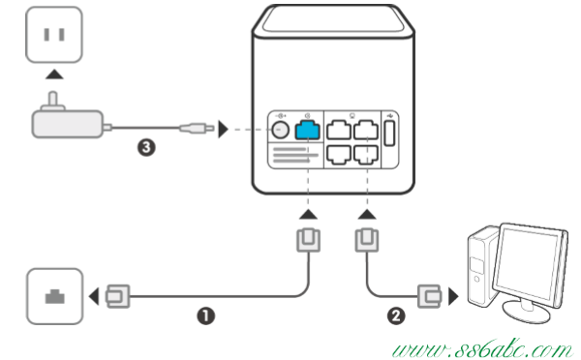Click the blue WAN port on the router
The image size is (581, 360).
coord(307,130)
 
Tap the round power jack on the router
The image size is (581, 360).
coord(280,130)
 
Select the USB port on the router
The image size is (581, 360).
coord(389,133)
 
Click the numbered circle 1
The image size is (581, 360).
coord(206,316)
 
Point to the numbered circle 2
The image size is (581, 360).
coord(396,315)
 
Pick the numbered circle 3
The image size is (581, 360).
coord(146,147)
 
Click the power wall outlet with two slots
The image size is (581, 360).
coord(54,35)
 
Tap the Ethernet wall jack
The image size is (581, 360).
coord(55,296)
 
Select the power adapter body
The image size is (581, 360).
coord(68,124)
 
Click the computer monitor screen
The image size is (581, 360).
coord(526,263)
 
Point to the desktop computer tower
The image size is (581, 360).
coord(482,266)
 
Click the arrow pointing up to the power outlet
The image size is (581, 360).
coord(54,75)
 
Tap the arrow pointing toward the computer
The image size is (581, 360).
coord(453,296)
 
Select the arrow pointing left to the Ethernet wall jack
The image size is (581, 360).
coord(94,296)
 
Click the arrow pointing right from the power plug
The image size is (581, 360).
coord(223,130)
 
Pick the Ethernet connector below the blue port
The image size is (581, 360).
coord(308,240)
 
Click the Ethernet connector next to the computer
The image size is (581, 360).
coord(429,296)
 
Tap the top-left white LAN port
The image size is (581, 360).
coord(339,130)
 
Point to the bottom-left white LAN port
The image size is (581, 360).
coord(339,155)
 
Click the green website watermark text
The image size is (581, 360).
coord(481,349)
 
